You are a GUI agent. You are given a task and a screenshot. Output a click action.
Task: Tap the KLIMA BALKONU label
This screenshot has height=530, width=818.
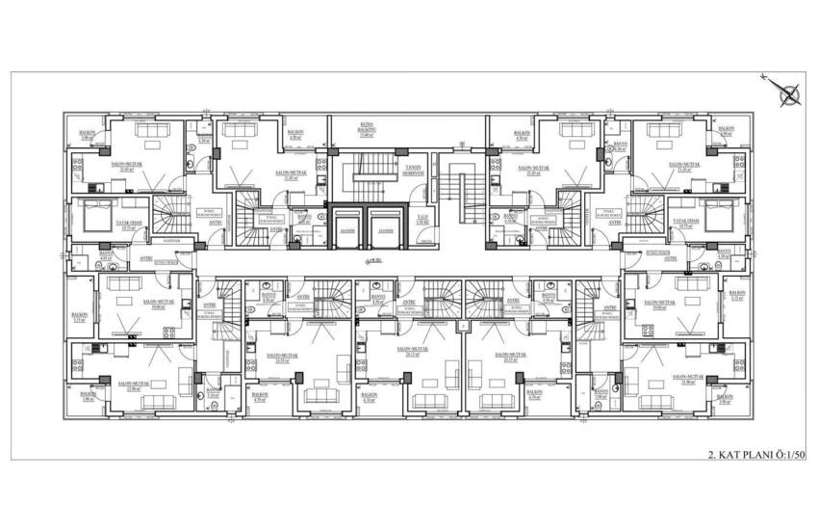pos(367,129)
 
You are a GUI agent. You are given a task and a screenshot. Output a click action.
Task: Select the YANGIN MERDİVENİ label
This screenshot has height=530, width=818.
pos(415,168)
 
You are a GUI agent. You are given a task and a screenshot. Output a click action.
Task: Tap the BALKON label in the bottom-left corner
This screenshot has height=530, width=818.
pos(86,394)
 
